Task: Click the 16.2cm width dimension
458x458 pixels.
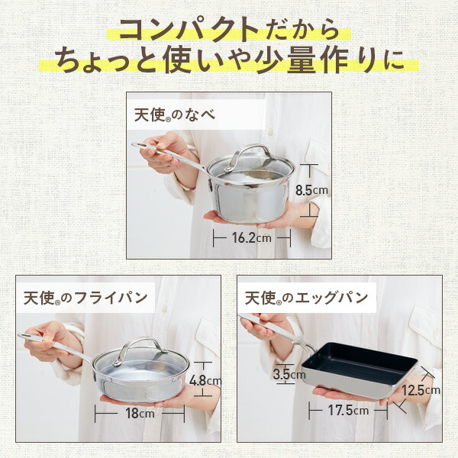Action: click(252, 237)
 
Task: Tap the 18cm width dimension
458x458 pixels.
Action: click(140, 414)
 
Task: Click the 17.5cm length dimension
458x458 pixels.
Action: click(349, 411)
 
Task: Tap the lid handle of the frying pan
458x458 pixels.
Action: click(139, 345)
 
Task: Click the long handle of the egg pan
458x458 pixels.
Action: click(270, 328)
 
